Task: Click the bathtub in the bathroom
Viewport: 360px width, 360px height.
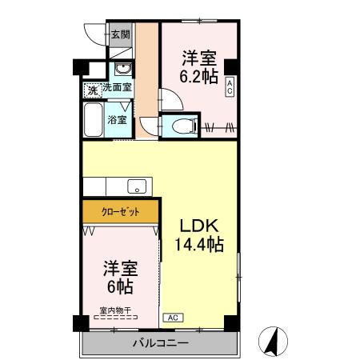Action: coord(94,120)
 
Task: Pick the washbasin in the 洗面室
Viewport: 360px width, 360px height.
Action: coord(122,68)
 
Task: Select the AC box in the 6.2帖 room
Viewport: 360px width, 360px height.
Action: coord(230,86)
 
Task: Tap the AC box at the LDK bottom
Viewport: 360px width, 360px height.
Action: coord(171,318)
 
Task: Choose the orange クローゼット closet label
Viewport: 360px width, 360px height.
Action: coord(121,213)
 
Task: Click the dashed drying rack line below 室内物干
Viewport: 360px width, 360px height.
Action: coord(117,318)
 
